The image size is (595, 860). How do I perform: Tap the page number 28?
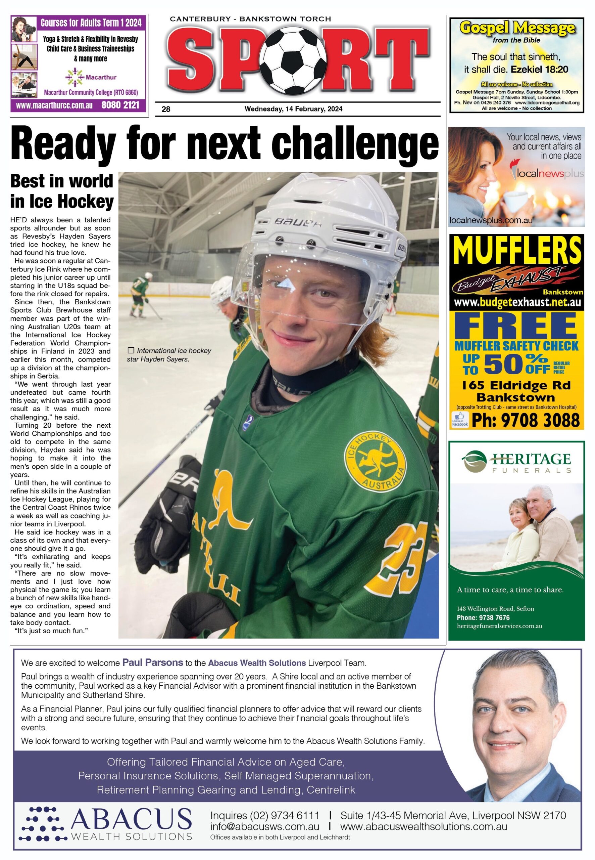point(166,109)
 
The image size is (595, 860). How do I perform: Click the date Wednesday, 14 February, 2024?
point(293,109)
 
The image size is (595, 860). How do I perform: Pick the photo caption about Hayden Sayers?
point(169,355)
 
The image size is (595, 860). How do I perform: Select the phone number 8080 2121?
point(120,105)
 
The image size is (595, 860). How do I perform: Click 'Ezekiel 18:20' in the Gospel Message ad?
point(539,70)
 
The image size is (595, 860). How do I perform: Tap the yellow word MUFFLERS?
point(517,250)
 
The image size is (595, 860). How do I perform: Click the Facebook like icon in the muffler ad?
point(459,419)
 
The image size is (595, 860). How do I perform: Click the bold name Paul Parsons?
point(152,662)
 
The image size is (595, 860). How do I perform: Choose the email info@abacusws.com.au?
point(264,827)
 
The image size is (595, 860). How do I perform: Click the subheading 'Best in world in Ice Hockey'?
point(62,191)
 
